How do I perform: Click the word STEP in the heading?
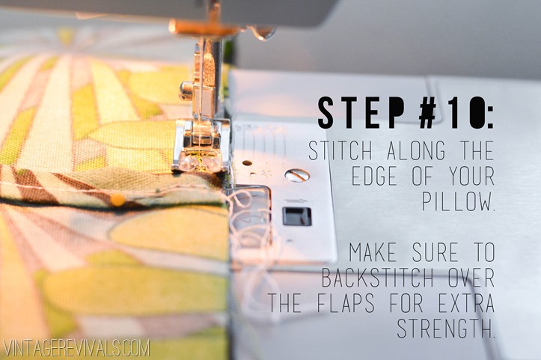tap(361, 113)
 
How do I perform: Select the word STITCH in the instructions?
tap(340, 151)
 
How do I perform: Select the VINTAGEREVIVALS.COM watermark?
tap(76, 348)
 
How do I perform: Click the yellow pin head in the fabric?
tap(117, 200)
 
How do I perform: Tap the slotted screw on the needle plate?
tap(297, 175)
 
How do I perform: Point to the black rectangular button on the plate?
tap(297, 216)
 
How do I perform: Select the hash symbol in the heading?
tap(430, 113)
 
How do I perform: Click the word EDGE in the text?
tap(374, 176)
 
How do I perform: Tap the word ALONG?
tap(416, 151)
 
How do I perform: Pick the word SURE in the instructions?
tap(435, 252)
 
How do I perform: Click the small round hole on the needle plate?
tap(247, 163)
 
